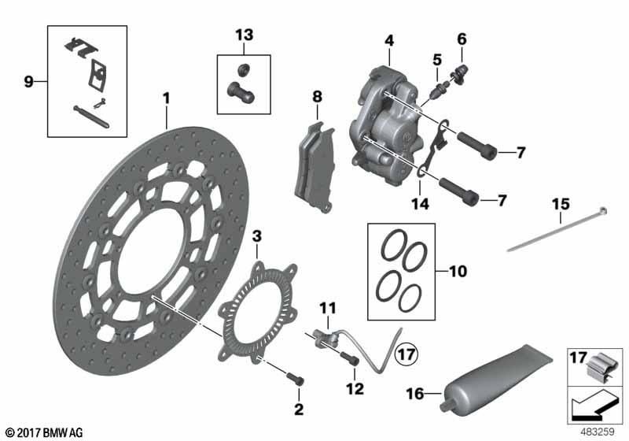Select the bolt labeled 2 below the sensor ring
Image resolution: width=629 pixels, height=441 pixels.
(296, 380)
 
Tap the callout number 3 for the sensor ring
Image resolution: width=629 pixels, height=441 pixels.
(257, 235)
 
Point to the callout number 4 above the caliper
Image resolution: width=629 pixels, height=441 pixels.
(388, 40)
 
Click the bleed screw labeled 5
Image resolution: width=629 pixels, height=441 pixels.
(435, 79)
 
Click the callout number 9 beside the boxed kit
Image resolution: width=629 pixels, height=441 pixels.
(28, 80)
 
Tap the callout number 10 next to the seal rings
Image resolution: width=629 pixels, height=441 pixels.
(457, 272)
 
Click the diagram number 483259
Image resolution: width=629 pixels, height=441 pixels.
(598, 432)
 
